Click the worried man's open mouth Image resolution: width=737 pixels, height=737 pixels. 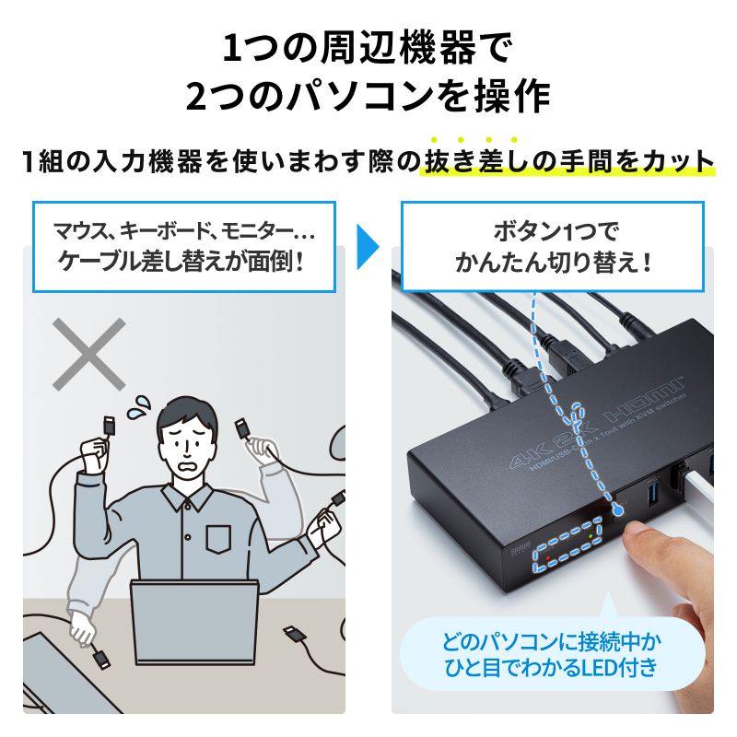[189, 467]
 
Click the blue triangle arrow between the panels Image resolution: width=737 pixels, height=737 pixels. [369, 248]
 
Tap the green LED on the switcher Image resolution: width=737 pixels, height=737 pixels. [591, 534]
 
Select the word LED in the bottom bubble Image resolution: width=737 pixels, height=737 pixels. [616, 666]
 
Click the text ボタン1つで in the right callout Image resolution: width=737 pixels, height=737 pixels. [554, 230]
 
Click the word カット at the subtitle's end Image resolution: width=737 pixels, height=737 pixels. [678, 163]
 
